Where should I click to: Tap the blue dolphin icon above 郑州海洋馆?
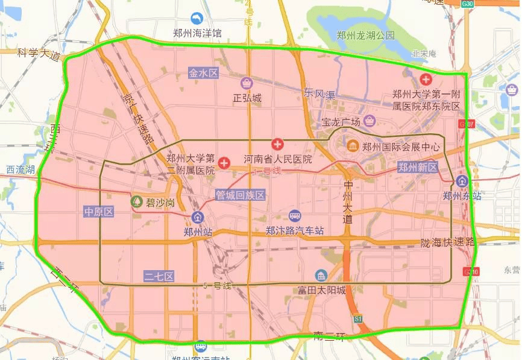click(197, 19)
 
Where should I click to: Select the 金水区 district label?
click(203, 73)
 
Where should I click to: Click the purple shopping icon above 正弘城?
click(247, 83)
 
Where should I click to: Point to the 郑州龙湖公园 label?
click(366, 35)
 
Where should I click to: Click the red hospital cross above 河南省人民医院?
click(277, 145)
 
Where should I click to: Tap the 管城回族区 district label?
click(241, 195)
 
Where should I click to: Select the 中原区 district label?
click(99, 212)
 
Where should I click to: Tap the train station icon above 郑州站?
click(197, 218)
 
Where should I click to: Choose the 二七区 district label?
click(159, 276)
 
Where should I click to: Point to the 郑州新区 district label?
click(417, 167)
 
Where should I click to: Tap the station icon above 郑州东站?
click(462, 181)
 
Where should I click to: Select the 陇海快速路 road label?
click(448, 242)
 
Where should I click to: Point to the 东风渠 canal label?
click(319, 93)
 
